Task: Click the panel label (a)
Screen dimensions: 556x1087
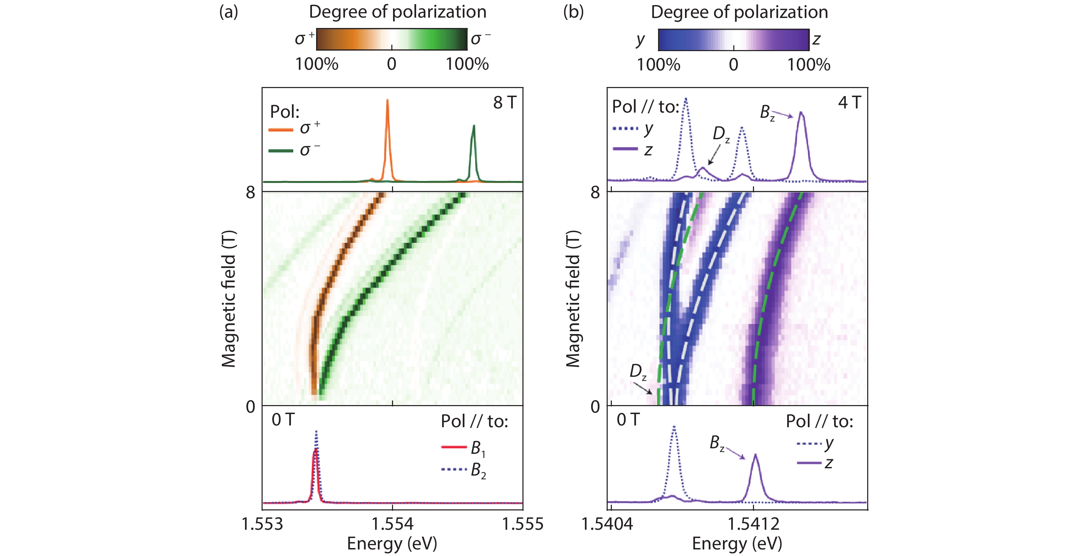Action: point(228,12)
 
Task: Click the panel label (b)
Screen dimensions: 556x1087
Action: point(573,12)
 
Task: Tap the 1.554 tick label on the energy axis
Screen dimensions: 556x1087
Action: point(392,524)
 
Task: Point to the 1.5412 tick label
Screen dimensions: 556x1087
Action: point(754,524)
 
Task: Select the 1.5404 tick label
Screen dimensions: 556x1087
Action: point(607,524)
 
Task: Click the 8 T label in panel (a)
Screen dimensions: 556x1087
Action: point(505,103)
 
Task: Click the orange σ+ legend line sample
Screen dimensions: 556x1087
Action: point(281,130)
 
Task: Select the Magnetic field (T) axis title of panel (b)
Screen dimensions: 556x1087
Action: point(572,299)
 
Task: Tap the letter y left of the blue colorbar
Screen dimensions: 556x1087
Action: point(640,39)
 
